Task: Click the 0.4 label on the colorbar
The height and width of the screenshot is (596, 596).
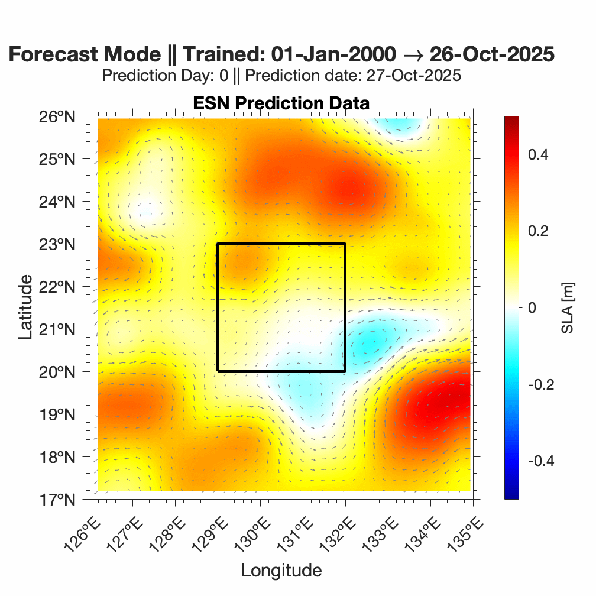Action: pos(537,154)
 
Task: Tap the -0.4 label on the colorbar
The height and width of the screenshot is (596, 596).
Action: pos(539,461)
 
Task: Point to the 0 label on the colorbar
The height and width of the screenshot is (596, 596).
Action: pos(532,307)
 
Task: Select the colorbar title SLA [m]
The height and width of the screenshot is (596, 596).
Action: pos(568,307)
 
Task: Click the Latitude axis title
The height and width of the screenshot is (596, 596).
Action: pos(25,307)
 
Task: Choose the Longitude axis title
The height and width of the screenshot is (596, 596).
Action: pos(281,570)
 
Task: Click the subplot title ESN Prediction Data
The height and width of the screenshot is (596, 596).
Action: pos(281,103)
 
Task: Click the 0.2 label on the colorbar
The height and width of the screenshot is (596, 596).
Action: pos(537,231)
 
